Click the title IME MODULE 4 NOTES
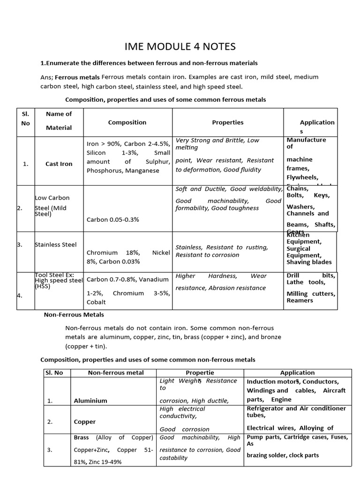180,46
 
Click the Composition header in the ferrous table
127,122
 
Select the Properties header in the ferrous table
228,122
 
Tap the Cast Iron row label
59,164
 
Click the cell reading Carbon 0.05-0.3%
112,219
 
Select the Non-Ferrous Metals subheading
74,315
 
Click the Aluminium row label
90,401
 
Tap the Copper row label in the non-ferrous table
85,422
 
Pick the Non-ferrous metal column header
116,373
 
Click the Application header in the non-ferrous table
297,373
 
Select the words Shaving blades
309,262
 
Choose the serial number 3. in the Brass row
50,450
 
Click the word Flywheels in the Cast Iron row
302,178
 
